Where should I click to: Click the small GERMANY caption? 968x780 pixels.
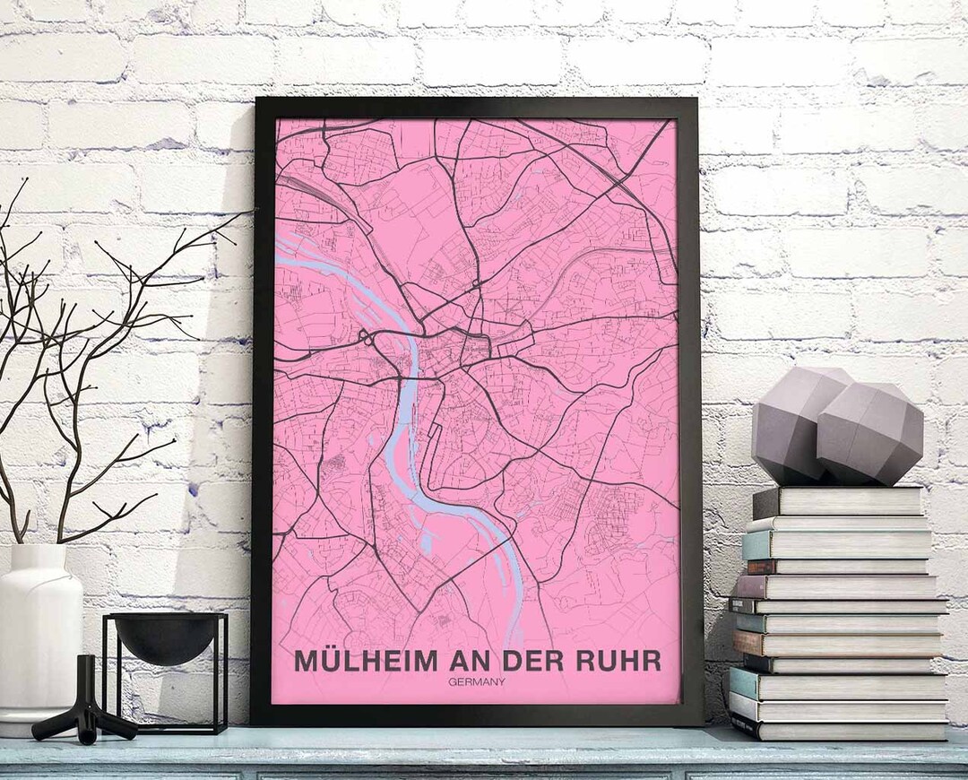478,681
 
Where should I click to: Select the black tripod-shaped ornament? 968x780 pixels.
85,708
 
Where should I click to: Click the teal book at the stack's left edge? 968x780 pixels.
756,544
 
